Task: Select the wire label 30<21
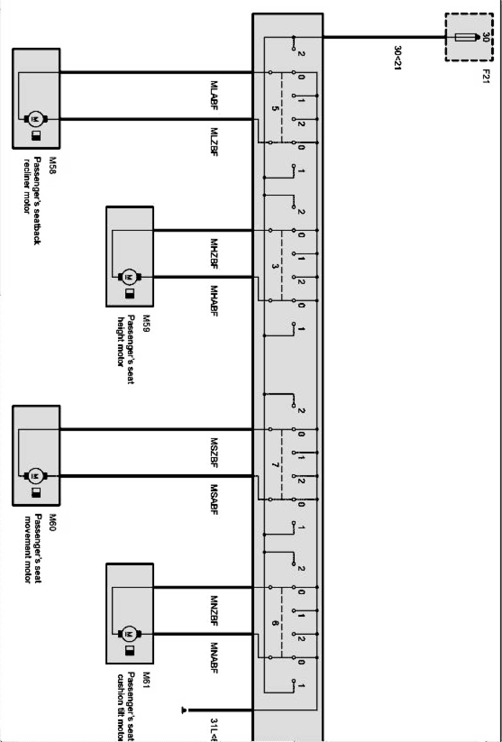398,58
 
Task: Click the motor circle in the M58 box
36,120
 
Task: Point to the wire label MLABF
214,95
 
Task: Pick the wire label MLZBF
214,142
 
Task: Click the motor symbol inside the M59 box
129,277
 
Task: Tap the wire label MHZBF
214,253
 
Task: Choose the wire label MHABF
214,301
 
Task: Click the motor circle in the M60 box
36,476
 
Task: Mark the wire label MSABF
214,499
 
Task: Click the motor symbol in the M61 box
129,634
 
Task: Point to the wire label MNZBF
214,611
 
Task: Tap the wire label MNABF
214,657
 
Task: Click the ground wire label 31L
214,730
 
